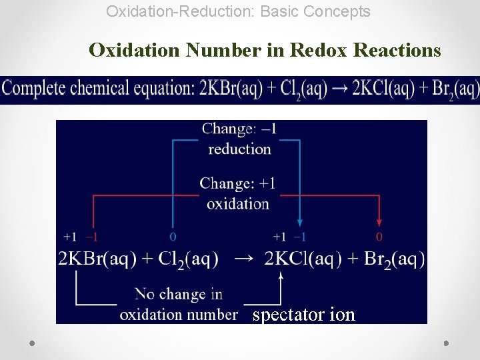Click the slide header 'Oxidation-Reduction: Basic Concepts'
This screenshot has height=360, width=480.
[238, 11]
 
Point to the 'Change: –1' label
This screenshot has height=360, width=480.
[239, 129]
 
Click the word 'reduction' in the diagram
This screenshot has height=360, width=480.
[239, 149]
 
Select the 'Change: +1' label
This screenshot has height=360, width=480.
[237, 183]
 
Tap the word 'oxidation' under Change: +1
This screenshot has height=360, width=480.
[238, 203]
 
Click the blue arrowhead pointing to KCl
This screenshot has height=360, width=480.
[300, 223]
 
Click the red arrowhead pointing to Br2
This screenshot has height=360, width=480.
[379, 223]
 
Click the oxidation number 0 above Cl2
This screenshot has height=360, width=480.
[173, 237]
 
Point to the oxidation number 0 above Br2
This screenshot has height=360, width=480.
[379, 237]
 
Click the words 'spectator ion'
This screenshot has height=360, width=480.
[303, 315]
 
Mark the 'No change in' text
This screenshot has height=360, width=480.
[178, 294]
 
